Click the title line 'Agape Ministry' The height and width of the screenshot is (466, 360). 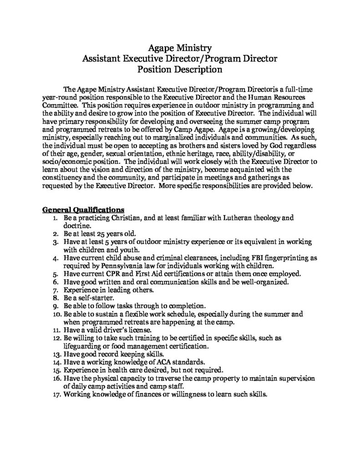[x=180, y=47]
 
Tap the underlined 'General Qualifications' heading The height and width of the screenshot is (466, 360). [x=83, y=210]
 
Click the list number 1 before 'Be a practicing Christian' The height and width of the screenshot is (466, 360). [x=55, y=218]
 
